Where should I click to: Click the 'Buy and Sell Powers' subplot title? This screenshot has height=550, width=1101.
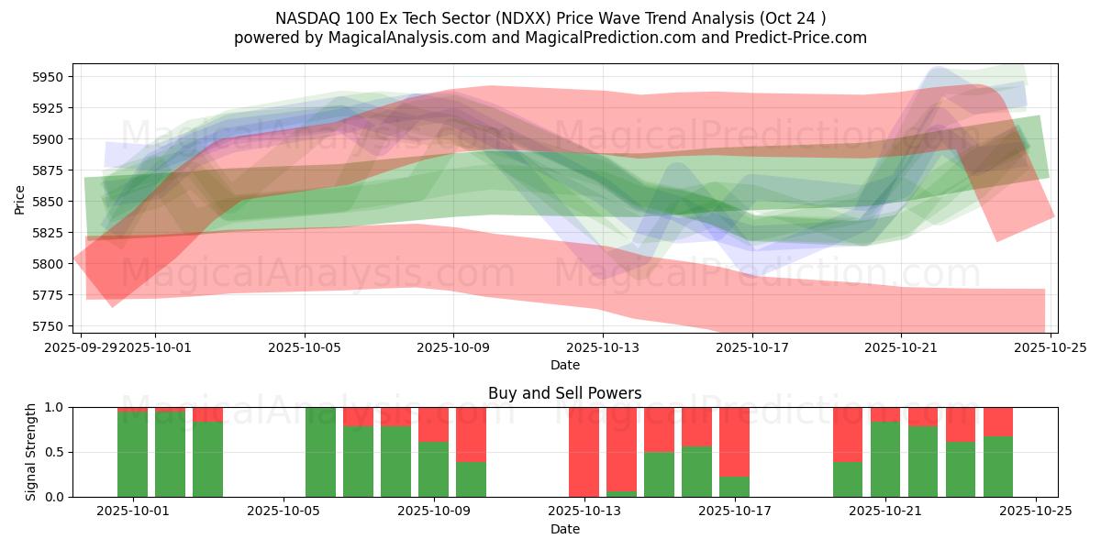click(x=565, y=393)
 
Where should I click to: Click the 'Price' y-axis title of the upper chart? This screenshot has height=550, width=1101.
click(x=20, y=198)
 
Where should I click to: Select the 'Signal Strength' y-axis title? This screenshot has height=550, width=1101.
click(x=31, y=452)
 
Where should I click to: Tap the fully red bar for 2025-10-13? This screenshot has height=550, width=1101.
click(x=584, y=452)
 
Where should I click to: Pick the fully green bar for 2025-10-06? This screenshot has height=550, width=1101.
click(x=320, y=452)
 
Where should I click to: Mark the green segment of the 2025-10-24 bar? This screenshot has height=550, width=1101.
click(x=998, y=467)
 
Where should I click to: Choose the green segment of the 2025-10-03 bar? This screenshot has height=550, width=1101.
click(x=207, y=459)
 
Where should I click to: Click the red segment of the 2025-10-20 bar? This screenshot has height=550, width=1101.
click(x=848, y=434)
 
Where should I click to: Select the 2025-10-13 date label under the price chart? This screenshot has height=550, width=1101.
click(x=603, y=348)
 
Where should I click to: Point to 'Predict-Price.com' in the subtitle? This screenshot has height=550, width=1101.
click(x=805, y=38)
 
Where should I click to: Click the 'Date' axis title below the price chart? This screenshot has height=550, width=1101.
click(x=565, y=365)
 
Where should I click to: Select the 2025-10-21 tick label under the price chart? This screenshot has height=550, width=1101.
click(x=901, y=348)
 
